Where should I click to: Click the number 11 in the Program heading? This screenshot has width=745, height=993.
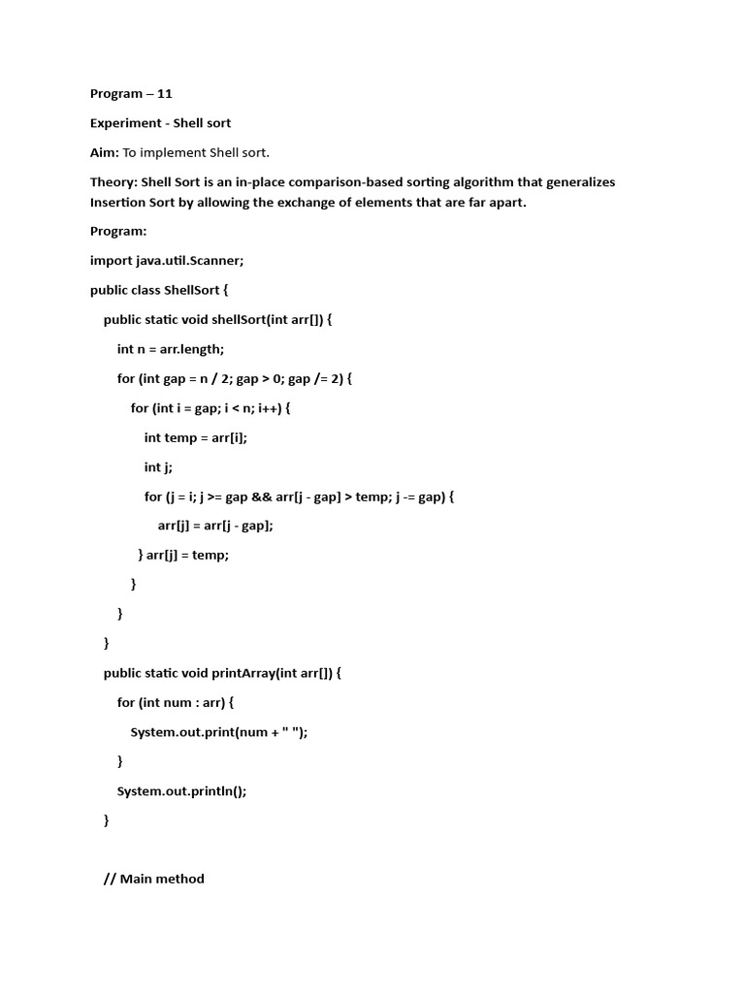coord(164,94)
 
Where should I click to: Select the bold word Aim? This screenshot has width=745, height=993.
coord(105,152)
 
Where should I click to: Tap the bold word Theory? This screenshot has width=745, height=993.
coord(113,182)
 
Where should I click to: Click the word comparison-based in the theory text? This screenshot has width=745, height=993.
coord(321,182)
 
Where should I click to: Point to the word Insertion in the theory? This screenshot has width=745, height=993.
coord(118,204)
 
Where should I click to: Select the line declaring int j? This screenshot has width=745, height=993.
coord(158,467)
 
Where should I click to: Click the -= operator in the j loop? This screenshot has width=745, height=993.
coord(405,496)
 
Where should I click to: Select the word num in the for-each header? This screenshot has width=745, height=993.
coord(178,702)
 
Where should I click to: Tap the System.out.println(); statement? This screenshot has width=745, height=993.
coord(182,791)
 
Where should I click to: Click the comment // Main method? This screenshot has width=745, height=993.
coord(154,880)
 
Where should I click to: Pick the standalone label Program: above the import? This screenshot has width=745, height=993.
coord(117,231)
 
